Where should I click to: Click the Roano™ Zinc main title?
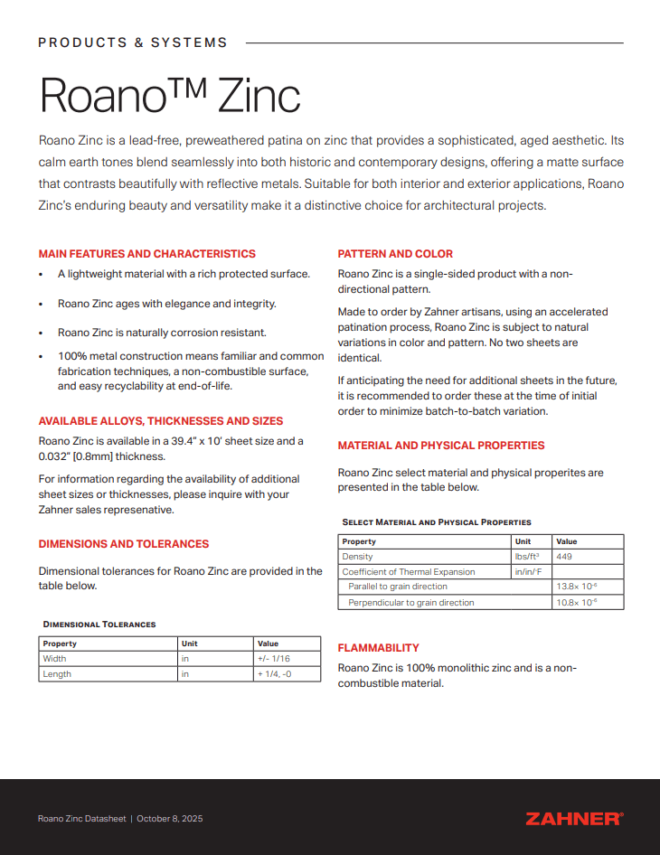pyautogui.click(x=169, y=95)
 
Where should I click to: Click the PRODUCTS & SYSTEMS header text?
pyautogui.click(x=132, y=42)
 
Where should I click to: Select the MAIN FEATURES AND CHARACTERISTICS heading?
pyautogui.click(x=146, y=254)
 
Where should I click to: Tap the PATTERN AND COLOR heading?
pyautogui.click(x=395, y=254)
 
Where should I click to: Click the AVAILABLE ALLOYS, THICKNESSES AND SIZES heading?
pyautogui.click(x=160, y=421)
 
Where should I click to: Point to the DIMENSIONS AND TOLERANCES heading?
pyautogui.click(x=123, y=544)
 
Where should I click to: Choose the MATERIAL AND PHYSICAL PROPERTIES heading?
pyautogui.click(x=440, y=446)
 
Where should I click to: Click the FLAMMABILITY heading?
pyautogui.click(x=378, y=648)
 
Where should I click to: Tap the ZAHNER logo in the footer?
pyautogui.click(x=573, y=818)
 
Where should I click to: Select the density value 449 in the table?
pyautogui.click(x=564, y=557)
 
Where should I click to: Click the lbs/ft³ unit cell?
pyautogui.click(x=527, y=557)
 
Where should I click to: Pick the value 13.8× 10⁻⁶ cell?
pyautogui.click(x=576, y=587)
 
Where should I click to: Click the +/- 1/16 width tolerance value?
pyautogui.click(x=274, y=659)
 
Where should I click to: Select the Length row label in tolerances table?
pyautogui.click(x=57, y=674)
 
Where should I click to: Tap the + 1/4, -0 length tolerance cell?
pyautogui.click(x=276, y=674)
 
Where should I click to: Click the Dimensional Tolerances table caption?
pyautogui.click(x=99, y=625)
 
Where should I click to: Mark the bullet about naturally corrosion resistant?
pyautogui.click(x=162, y=333)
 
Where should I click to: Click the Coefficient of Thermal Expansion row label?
pyautogui.click(x=408, y=572)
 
